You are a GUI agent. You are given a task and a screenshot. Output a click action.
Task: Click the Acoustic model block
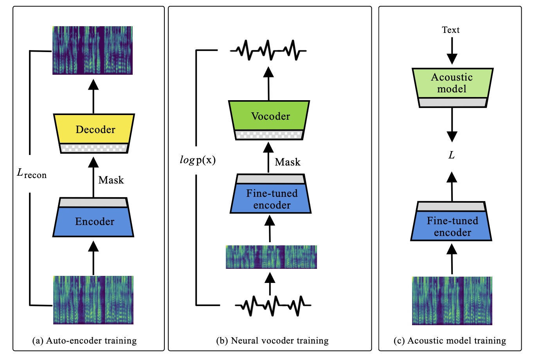tap(452, 83)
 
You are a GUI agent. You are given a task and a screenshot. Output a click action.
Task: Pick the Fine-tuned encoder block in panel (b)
tap(271, 199)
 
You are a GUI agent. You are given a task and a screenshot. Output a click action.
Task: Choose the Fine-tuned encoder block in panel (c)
tap(452, 226)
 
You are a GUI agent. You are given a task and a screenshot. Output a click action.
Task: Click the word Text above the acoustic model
tap(450, 30)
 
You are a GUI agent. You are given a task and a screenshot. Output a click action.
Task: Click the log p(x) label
tap(198, 160)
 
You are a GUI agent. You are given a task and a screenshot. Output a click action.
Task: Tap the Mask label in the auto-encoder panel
tap(111, 180)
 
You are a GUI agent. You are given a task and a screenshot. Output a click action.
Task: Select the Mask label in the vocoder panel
tap(288, 162)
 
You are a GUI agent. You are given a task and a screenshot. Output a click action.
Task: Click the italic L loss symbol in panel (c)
tap(452, 155)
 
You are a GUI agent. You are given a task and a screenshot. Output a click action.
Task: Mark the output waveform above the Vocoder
tap(268, 50)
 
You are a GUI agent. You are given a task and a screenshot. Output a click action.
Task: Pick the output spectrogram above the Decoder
tap(93, 50)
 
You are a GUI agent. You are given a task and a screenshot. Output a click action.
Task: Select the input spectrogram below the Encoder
tap(93, 300)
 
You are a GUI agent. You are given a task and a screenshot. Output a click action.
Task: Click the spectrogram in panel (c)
tap(452, 301)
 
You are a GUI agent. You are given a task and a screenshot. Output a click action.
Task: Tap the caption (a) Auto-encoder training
tap(85, 341)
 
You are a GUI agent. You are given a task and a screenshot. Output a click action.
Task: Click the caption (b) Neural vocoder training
tap(272, 341)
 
